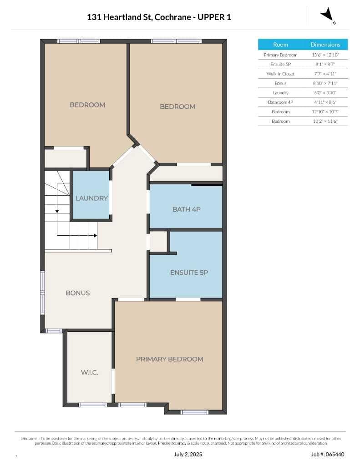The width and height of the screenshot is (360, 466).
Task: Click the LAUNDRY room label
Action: point(91,198)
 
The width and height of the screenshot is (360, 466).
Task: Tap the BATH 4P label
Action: point(187,209)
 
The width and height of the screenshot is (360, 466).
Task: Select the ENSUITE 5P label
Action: point(189,273)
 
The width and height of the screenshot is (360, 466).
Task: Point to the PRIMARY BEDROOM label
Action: point(170,359)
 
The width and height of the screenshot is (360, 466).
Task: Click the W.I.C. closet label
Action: point(90,372)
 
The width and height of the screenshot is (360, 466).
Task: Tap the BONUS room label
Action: point(77,293)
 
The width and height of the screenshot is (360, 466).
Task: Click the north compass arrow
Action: point(328,15)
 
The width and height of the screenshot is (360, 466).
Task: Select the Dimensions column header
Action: point(325,45)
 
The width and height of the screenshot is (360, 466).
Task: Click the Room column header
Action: point(281,45)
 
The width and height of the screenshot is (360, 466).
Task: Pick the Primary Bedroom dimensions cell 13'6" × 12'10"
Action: point(325,55)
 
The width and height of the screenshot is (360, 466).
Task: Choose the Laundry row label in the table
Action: point(281,93)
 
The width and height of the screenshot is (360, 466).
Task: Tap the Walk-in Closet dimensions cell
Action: point(325,74)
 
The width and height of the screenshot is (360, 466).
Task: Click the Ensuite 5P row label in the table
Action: point(281,64)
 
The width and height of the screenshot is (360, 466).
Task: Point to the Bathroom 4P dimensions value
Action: point(325,102)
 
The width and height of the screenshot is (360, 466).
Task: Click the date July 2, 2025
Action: point(188,454)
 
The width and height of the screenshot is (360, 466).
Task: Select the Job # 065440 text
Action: point(328,454)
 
